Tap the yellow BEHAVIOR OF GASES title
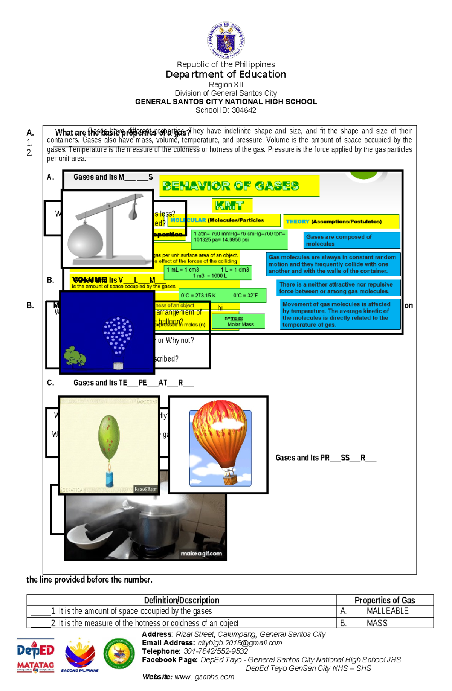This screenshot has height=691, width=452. pyautogui.click(x=231, y=186)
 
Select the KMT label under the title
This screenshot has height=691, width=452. pyautogui.click(x=229, y=206)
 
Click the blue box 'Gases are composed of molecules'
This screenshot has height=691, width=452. pyautogui.click(x=352, y=240)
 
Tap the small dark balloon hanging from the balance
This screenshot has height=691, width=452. pyautogui.click(x=133, y=212)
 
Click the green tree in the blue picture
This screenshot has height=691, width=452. pyautogui.click(x=75, y=356)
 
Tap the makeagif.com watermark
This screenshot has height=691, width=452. pyautogui.click(x=201, y=553)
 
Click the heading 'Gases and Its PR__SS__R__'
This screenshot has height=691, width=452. pyautogui.click(x=325, y=458)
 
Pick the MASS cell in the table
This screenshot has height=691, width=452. pyautogui.click(x=377, y=623)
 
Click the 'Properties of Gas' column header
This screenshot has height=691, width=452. pyautogui.click(x=385, y=600)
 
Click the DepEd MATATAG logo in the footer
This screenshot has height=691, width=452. pyautogui.click(x=35, y=655)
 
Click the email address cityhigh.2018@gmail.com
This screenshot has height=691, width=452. pyautogui.click(x=240, y=643)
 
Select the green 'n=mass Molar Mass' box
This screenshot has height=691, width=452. pyautogui.click(x=238, y=322)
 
